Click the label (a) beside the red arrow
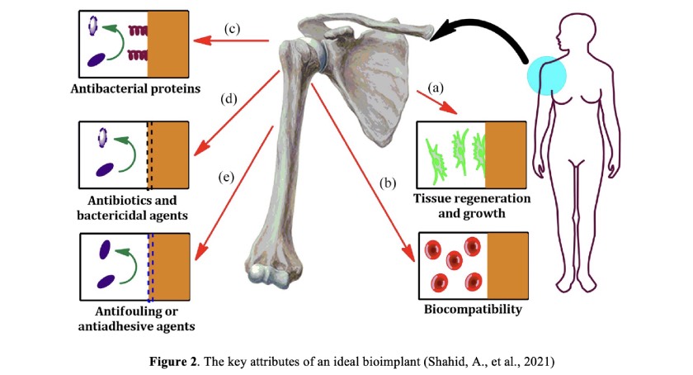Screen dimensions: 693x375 (436, 88)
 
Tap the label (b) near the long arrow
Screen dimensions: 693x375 (388, 183)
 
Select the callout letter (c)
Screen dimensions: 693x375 (232, 29)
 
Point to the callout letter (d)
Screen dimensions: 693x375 (229, 99)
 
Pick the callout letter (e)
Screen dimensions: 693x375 (226, 177)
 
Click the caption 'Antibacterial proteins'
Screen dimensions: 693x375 (135, 89)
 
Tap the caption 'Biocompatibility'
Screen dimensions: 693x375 (473, 309)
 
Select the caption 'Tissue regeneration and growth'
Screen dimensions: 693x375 (472, 206)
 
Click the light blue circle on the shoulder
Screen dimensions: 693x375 (547, 76)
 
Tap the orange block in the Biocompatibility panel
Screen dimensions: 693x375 (508, 266)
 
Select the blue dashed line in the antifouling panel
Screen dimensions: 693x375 (150, 267)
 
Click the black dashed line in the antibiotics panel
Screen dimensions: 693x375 (149, 155)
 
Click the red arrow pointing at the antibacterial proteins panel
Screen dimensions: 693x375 (232, 41)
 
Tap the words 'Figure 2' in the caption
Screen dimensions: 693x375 (174, 362)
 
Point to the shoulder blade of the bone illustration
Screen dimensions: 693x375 (370, 84)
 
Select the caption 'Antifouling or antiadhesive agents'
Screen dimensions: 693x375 (137, 319)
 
